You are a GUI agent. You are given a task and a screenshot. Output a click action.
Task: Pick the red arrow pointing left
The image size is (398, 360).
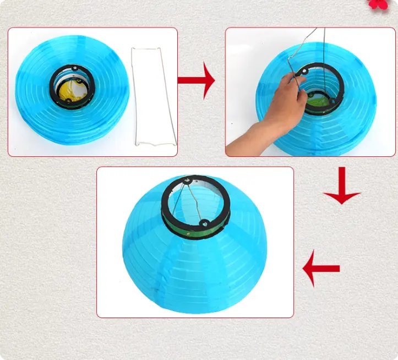pyautogui.click(x=321, y=268)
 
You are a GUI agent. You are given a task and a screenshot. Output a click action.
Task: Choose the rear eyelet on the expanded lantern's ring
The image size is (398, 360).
pyautogui.click(x=189, y=179)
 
